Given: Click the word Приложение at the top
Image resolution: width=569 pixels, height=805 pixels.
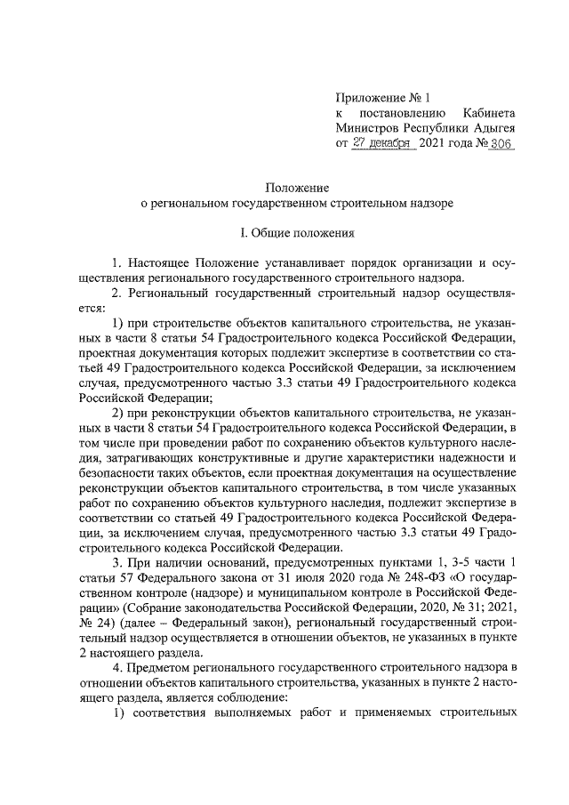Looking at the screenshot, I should pos(371,97).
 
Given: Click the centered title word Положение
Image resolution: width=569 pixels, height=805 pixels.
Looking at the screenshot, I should pos(298,188).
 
